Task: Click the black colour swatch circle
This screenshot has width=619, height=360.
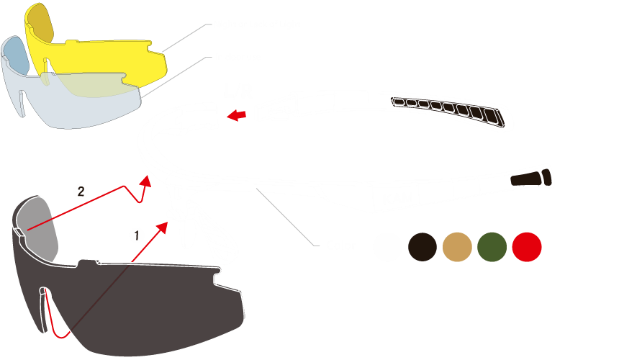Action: pos(423,247)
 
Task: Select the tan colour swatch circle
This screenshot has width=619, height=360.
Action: pos(457,247)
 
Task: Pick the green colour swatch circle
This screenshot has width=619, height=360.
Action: pos(492,247)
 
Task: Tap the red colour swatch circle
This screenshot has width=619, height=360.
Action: pos(527,247)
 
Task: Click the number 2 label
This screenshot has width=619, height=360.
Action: pos(81,192)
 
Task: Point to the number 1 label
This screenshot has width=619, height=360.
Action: pos(137,235)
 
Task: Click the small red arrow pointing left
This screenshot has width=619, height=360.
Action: pos(237,115)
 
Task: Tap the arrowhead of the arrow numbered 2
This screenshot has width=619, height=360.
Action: pos(146,181)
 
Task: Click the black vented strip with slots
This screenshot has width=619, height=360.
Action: pos(448,112)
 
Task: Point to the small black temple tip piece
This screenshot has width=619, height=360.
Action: pos(530,179)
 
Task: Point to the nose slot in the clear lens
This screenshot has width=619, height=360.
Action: pos(22,104)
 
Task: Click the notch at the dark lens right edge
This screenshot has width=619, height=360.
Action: pos(217,279)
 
